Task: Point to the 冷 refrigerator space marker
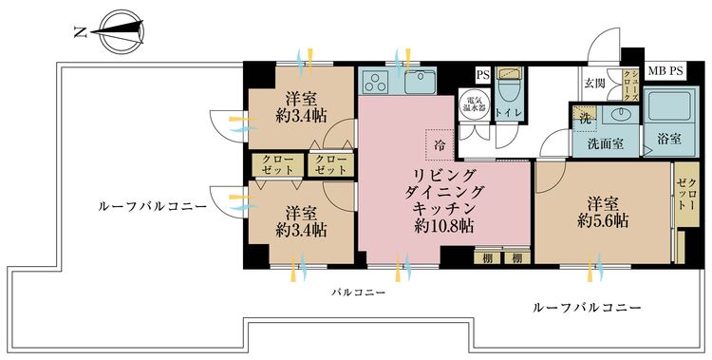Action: (440, 144)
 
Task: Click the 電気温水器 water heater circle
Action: (475, 104)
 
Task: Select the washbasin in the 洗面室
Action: (620, 114)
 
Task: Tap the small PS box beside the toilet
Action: (483, 75)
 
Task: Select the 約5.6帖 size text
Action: (603, 221)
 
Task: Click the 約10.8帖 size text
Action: (444, 225)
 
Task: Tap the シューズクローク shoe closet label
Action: (631, 85)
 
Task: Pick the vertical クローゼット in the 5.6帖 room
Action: (685, 195)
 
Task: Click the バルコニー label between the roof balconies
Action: (358, 293)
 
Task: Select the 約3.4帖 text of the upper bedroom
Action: (301, 116)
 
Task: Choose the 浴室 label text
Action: (670, 139)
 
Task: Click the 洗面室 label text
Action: (606, 144)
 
